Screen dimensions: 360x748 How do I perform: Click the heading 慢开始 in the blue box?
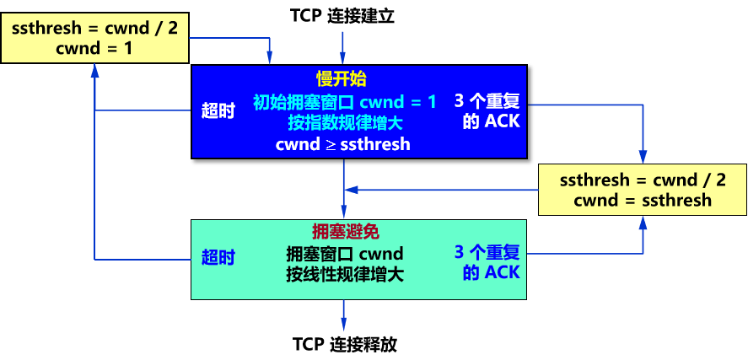(342, 79)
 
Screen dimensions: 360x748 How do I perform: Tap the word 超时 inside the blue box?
(218, 111)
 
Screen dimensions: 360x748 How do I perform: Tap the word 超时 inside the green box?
(218, 258)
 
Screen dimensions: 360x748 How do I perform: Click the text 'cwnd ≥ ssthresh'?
(343, 144)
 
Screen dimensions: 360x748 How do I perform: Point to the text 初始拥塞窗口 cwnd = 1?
(345, 103)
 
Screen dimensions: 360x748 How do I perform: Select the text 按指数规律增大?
(345, 123)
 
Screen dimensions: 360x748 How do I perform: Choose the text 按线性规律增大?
(345, 274)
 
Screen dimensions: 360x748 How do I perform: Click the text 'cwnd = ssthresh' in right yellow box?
(643, 201)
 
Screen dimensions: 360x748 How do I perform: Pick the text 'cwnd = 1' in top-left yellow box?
(94, 49)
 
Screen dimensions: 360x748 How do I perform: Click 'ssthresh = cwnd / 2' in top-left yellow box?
(94, 29)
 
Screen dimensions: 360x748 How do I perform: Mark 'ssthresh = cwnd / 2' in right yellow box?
(643, 180)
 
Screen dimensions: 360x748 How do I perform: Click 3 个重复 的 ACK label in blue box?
(487, 111)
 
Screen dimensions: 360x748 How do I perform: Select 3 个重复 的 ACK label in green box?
(487, 262)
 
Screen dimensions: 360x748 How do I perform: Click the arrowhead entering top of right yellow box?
(643, 157)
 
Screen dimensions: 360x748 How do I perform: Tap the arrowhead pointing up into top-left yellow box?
(95, 70)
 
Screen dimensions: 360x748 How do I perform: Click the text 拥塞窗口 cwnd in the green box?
(345, 254)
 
